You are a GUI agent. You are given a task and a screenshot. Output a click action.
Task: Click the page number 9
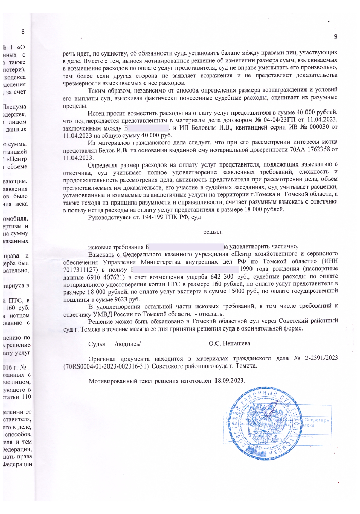tap(335, 36)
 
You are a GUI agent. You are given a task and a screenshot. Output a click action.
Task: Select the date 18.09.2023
tap(228, 381)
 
